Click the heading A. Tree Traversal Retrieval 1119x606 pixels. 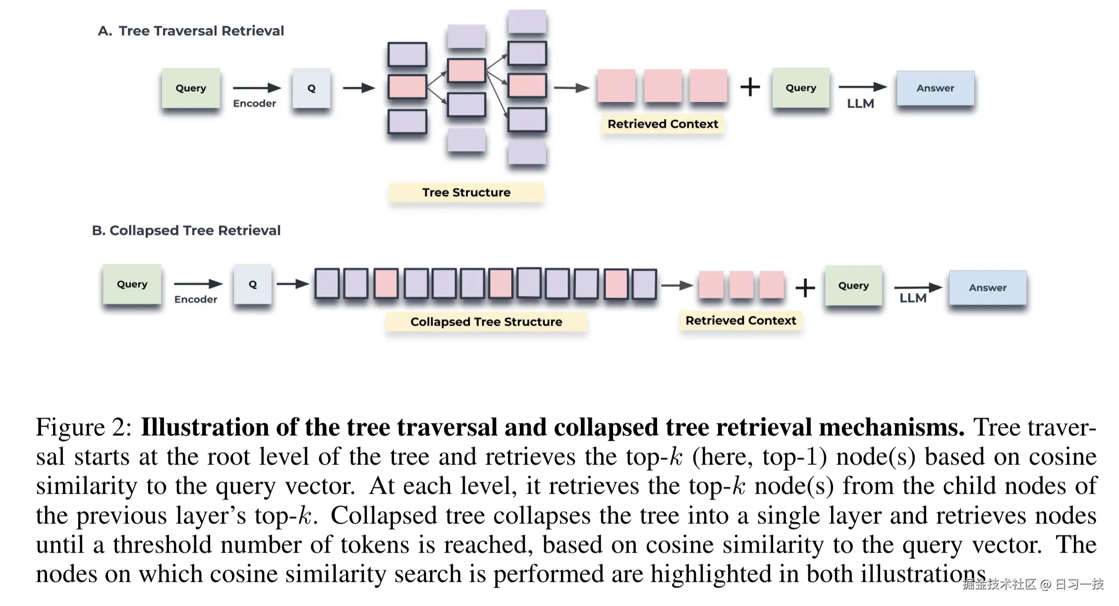191,31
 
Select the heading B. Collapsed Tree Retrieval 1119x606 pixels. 186,230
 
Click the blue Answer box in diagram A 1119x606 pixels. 935,88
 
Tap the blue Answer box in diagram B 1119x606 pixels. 988,288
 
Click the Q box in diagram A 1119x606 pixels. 311,88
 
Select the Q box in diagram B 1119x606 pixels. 253,284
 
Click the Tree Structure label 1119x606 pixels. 466,192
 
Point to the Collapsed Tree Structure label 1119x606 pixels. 486,322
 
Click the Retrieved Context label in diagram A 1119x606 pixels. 663,124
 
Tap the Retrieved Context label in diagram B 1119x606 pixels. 740,320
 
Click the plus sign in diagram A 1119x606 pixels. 750,87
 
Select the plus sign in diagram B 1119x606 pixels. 805,288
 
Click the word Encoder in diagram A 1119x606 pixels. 254,103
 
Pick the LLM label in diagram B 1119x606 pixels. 913,298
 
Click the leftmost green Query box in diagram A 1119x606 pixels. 191,88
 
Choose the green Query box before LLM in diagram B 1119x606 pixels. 853,286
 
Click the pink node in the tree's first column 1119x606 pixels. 407,87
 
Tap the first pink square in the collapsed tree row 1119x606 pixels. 386,283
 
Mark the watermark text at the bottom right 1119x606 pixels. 1033,584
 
